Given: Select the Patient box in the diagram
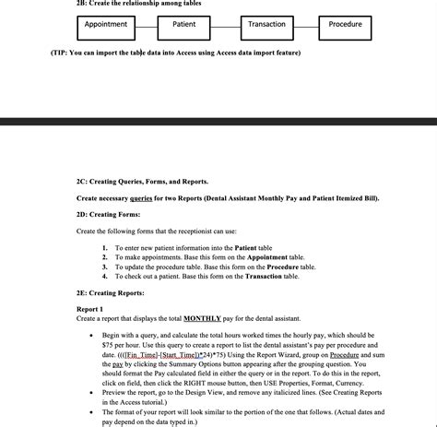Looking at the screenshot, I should coord(184,25).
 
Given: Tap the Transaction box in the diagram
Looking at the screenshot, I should coord(266,25).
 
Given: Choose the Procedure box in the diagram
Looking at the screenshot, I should coord(345,25).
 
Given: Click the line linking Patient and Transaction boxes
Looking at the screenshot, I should coord(225,25).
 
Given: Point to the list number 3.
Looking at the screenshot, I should coord(105,267).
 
